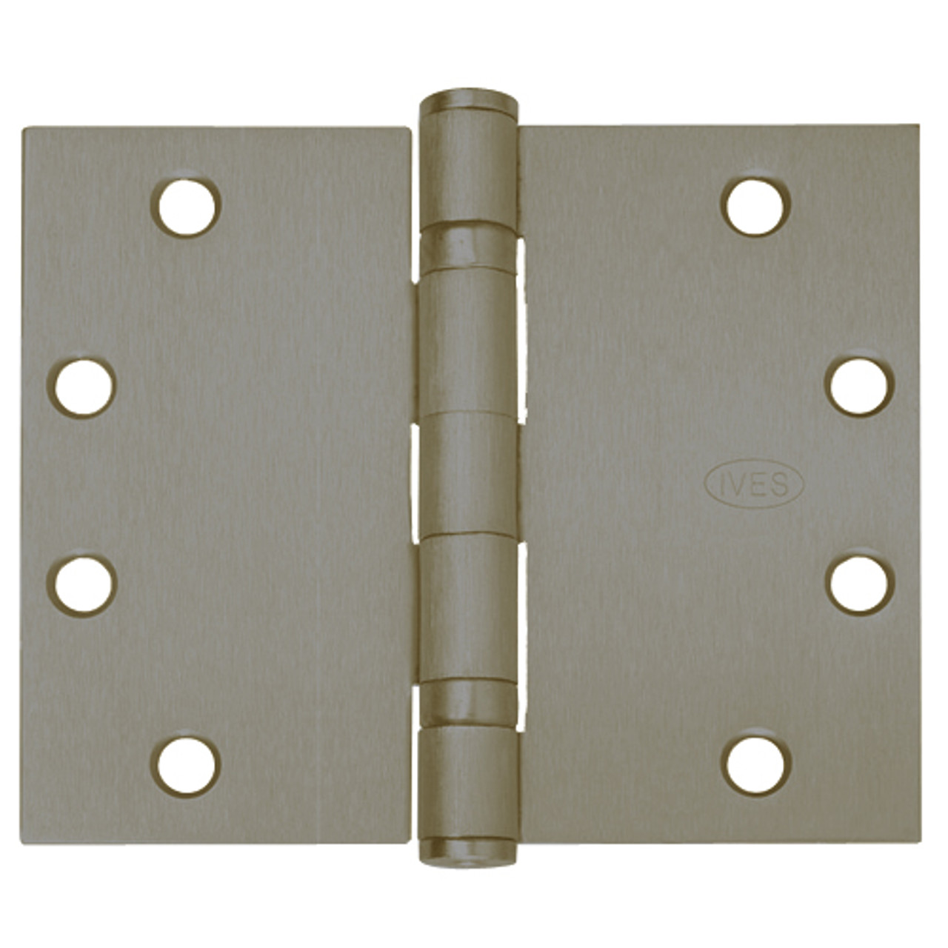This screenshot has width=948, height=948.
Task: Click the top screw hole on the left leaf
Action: pyautogui.click(x=186, y=207)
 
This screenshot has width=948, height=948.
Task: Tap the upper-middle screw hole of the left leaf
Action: pyautogui.click(x=81, y=387)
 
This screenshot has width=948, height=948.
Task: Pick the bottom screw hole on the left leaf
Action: pyautogui.click(x=186, y=765)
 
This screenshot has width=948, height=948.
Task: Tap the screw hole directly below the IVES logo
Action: pyautogui.click(x=859, y=582)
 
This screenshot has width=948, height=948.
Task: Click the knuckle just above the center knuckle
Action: pyautogui.click(x=469, y=341)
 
